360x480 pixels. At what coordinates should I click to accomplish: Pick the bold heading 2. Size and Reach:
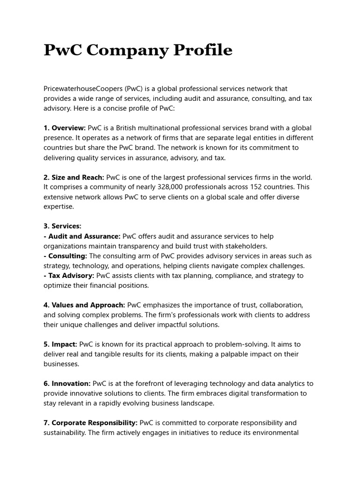pos(74,177)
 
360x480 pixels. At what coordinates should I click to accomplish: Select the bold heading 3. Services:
pos(62,226)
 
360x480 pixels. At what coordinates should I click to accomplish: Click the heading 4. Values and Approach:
pos(84,305)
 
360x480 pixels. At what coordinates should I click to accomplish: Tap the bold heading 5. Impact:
pos(60,345)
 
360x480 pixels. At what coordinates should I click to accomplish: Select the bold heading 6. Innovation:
pos(67,383)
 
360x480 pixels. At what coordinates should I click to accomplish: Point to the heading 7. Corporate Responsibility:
pos(90,423)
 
